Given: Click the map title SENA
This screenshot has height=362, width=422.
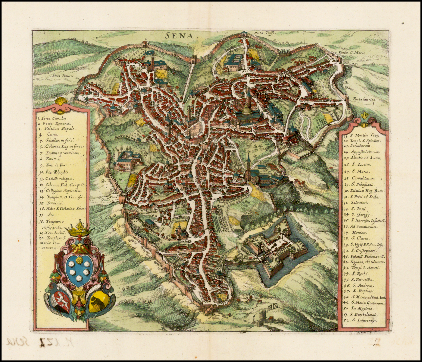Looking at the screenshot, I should pos(179,36).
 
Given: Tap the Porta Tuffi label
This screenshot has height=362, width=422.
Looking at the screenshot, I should pos(263,33).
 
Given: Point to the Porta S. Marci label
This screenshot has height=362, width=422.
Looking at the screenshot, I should pos(352,52).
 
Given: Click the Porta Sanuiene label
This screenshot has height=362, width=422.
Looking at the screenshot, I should pos(63,76).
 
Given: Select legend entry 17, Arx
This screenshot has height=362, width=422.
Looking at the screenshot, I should pos(47,215).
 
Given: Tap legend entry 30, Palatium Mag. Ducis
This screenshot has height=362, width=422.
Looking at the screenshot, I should pos(364,191).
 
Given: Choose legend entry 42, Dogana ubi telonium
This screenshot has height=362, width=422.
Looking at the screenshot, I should pos(364,262).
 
